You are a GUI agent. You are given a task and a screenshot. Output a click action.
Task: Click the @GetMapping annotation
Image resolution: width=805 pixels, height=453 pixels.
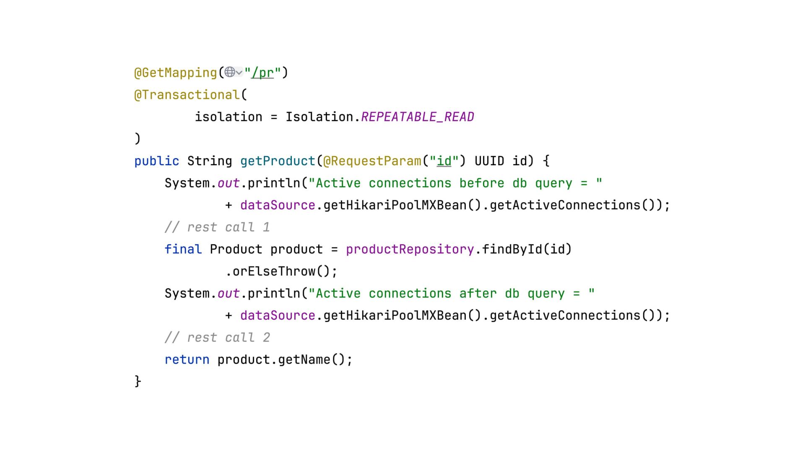[175, 73]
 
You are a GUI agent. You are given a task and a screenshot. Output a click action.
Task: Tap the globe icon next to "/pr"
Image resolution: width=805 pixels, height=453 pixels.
[230, 72]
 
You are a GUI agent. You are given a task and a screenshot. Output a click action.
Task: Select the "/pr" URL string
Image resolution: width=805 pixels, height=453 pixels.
[262, 73]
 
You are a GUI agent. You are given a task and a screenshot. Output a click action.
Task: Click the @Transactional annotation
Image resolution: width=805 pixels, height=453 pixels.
[187, 95]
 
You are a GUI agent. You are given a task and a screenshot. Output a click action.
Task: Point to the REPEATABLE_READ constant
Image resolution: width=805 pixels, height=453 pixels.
[417, 117]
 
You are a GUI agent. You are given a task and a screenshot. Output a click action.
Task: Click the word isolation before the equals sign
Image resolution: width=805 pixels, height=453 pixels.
[229, 117]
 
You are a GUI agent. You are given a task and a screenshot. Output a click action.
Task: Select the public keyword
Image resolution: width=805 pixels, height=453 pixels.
[156, 161]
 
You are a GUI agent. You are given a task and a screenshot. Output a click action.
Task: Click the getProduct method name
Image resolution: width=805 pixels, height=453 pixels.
[278, 161]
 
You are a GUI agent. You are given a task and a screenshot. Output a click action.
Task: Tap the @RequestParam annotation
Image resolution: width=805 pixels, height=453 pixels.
[372, 161]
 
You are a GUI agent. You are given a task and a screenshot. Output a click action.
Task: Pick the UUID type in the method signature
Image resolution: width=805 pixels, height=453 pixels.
[489, 161]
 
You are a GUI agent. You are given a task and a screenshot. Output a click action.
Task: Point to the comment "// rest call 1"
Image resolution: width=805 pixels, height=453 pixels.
[217, 227]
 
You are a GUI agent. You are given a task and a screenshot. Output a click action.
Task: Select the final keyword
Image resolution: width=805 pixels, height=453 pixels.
[183, 250]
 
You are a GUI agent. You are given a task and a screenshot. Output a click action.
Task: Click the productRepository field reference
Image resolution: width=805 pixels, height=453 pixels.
[410, 250]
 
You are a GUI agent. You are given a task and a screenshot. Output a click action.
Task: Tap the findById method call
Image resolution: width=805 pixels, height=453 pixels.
[512, 250]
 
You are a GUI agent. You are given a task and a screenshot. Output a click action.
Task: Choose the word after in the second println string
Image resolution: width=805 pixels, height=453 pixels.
[478, 294]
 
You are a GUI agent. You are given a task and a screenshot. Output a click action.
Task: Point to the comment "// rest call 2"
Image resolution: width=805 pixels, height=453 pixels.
[217, 338]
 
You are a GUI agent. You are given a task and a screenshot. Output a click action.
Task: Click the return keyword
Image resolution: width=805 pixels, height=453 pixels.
[187, 360]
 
